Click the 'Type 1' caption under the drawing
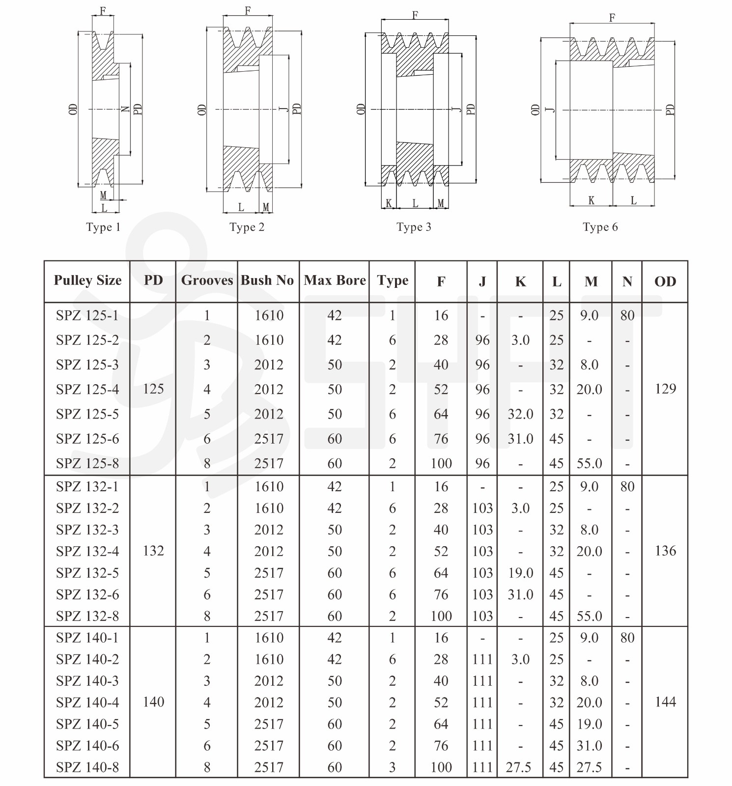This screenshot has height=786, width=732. tap(103, 227)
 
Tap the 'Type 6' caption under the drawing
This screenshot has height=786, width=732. tap(600, 227)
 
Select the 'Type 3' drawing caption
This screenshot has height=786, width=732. tap(414, 227)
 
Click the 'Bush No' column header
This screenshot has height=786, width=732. tap(267, 281)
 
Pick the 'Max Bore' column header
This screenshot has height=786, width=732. tap(335, 281)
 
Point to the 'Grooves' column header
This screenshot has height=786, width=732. tap(207, 281)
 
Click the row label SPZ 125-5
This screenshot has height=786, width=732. tap(87, 414)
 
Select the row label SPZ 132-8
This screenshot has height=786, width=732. tap(87, 616)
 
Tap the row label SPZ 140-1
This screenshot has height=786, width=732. tap(87, 638)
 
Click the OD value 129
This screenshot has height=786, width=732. tap(665, 389)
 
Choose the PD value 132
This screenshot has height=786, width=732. tap(153, 551)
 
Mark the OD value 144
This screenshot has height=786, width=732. tap(665, 702)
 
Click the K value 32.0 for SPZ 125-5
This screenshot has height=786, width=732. tap(520, 414)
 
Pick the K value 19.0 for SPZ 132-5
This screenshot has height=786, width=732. tap(520, 573)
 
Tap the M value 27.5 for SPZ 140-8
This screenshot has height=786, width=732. tap(589, 767)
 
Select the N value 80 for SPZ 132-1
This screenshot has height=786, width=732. tap(627, 486)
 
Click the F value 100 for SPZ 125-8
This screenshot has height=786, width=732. tap(441, 463)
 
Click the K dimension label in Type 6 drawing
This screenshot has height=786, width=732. tap(591, 200)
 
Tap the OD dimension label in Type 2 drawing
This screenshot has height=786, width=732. tap(201, 109)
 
